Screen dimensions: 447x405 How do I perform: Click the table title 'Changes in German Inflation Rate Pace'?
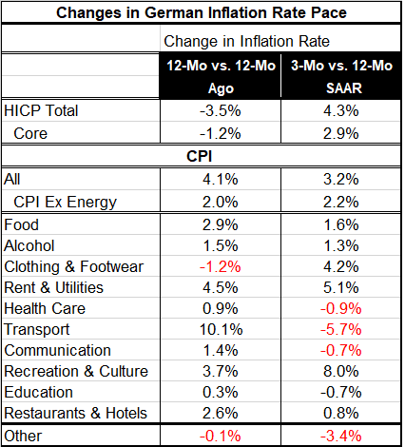[x=202, y=13]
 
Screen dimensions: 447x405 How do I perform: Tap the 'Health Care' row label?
[x=45, y=308]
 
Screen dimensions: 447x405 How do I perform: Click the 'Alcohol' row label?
[x=31, y=245]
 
